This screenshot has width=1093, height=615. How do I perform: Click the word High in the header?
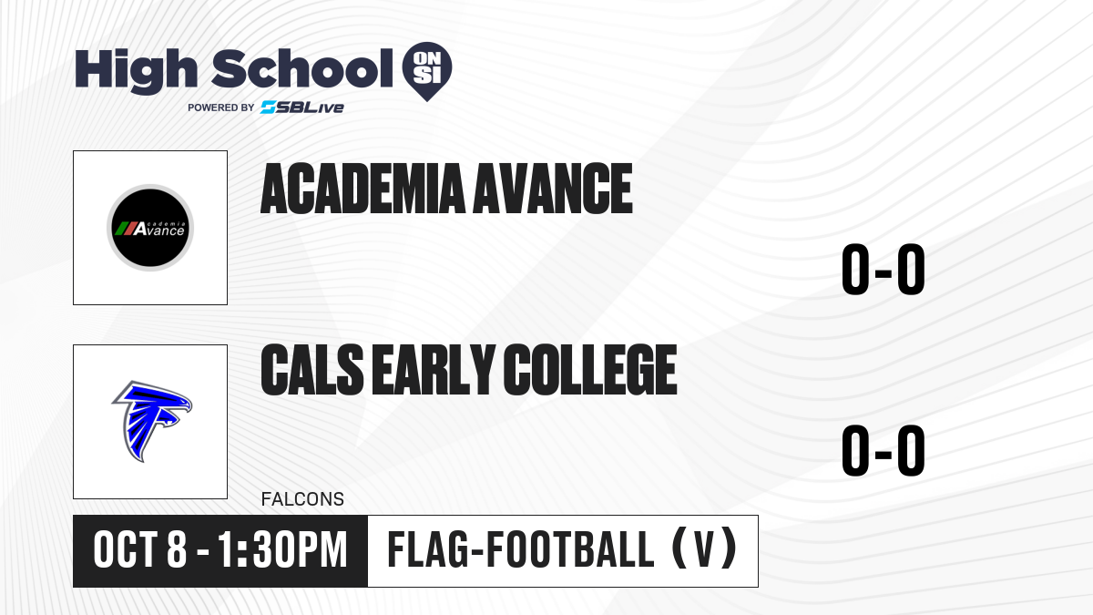136,70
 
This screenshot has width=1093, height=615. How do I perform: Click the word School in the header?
302,68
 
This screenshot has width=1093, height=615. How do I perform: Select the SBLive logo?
302,108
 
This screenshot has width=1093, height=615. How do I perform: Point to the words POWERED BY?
221,108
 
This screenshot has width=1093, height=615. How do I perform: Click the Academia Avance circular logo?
150,228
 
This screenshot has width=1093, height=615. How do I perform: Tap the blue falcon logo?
152,421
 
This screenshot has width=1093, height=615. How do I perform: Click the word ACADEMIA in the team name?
363,189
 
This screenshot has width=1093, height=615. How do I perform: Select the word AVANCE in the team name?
554,189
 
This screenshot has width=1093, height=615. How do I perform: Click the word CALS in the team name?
312,369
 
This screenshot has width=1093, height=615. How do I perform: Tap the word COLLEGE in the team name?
590,369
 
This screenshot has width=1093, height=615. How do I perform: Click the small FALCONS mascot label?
302,499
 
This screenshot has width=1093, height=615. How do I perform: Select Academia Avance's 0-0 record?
884,269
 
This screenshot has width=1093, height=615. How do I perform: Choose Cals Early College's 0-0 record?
884,450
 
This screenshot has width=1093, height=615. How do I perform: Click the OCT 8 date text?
140,549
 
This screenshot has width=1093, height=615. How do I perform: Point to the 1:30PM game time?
282,549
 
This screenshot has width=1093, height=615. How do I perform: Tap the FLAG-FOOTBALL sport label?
521,549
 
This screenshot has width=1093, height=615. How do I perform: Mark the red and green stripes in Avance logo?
126,229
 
